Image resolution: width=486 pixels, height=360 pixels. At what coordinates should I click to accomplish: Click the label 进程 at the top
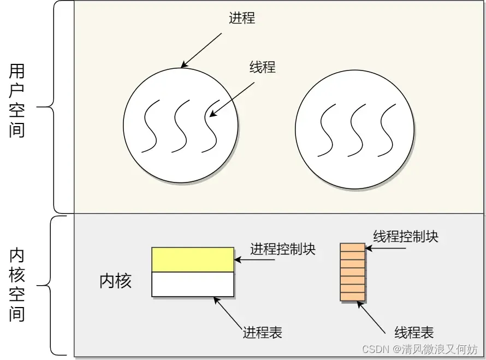coord(242,18)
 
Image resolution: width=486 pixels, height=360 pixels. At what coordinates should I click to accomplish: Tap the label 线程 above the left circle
coord(263,67)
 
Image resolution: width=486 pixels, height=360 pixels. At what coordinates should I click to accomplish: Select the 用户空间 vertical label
coord(17,101)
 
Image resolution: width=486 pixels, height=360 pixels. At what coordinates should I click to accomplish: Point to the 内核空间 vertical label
coord(17,285)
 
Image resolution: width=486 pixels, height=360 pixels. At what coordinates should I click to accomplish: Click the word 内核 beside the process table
coord(115,281)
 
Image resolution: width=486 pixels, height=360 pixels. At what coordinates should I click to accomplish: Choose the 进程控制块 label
coord(283,249)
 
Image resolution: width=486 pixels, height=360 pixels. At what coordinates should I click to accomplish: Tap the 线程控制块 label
coord(406,237)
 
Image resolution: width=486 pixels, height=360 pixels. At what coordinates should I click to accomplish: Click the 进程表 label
coord(262,332)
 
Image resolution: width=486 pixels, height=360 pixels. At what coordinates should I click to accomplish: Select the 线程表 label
coord(414,332)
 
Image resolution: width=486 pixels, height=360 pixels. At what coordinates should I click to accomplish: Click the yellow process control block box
coord(193,259)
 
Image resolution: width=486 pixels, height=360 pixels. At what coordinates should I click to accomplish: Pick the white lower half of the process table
coord(193,284)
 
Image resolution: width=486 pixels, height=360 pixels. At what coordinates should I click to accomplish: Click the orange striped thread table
coord(352,272)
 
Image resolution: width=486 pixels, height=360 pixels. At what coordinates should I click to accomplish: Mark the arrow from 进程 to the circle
coord(202,50)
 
